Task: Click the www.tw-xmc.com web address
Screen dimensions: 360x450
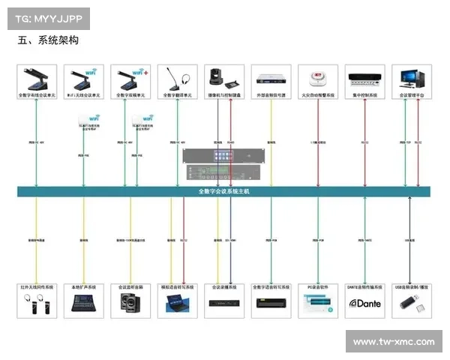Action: tap(393, 342)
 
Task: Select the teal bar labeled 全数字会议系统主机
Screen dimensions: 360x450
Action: tap(224, 192)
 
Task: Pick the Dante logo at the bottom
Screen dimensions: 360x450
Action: tap(364, 304)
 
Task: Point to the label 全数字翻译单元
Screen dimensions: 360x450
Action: tap(178, 96)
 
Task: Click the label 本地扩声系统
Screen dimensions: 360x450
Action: tap(83, 286)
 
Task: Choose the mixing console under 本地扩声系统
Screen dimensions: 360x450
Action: tap(83, 303)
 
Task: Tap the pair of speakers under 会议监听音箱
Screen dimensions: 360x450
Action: tap(130, 304)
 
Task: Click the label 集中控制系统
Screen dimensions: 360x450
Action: tap(365, 96)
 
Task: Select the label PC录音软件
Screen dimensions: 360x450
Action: tap(318, 286)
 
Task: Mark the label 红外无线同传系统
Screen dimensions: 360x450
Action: tap(36, 286)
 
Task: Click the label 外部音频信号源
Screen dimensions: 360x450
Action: tap(271, 96)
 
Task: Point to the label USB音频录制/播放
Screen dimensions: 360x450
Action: tap(412, 286)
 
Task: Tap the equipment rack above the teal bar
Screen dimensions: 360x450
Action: tap(224, 166)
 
